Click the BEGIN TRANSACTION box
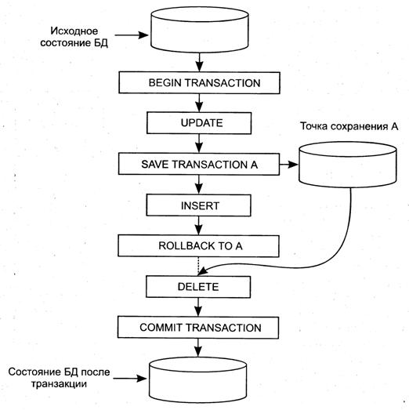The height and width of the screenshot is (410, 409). coord(199,82)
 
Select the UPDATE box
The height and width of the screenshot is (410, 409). coord(199,123)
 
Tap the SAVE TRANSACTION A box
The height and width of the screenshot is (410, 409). coord(199,164)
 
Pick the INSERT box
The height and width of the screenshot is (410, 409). coord(198,205)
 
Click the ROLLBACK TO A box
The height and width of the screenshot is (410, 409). coord(198,246)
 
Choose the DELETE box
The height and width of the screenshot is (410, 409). coord(198,287)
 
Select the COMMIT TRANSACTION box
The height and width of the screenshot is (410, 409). coord(198,328)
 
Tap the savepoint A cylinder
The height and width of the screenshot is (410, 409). coord(348,165)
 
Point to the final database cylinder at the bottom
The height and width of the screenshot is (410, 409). coord(198,379)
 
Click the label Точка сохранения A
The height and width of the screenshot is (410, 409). coord(349,126)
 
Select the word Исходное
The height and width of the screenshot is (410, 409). coord(74,31)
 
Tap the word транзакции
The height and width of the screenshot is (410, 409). coord(59,384)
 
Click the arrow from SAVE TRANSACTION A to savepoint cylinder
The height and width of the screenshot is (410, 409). coord(289,165)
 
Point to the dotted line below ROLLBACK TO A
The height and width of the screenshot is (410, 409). coord(198,267)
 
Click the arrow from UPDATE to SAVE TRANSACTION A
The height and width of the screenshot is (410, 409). coord(199,143)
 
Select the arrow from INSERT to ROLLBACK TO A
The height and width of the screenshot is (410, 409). coord(198,226)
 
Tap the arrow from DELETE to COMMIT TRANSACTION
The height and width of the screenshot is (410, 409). coord(198,307)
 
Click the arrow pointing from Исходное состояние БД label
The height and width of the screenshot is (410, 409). coord(132,34)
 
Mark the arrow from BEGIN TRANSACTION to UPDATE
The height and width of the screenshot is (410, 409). coord(199,103)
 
